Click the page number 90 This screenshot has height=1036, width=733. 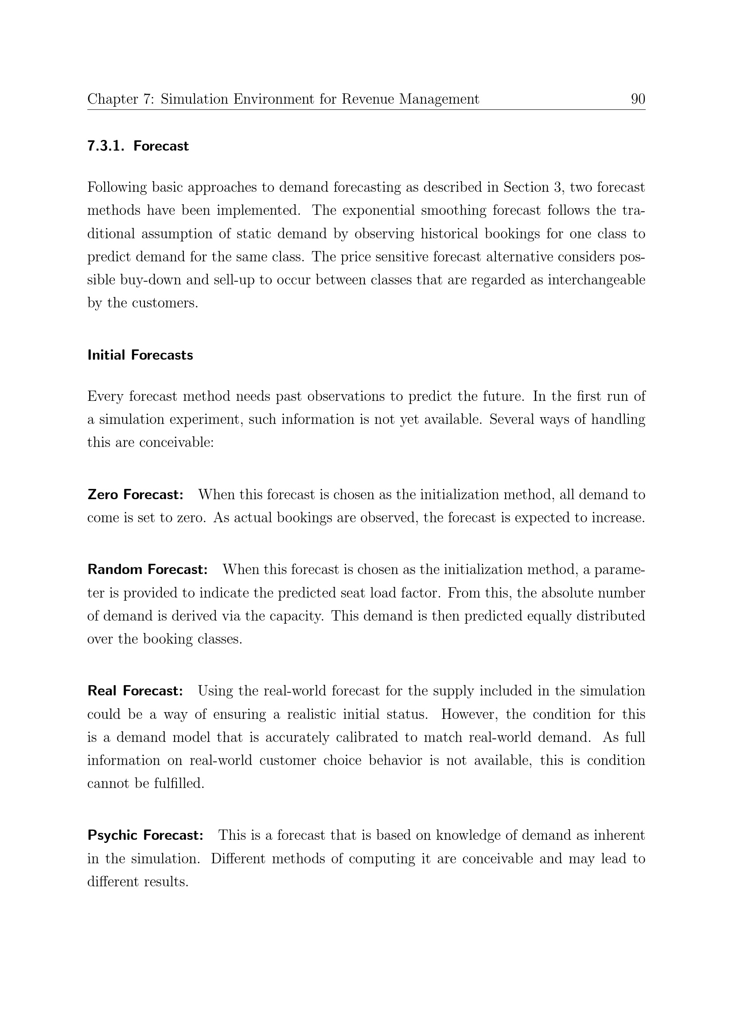(638, 99)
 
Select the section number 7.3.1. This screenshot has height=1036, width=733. (105, 146)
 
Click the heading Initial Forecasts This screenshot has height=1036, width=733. (140, 355)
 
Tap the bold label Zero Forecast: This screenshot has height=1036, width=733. (136, 495)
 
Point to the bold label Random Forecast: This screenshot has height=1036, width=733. (148, 570)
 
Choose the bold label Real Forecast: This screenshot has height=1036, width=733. (136, 691)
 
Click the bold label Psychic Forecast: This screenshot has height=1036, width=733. (146, 835)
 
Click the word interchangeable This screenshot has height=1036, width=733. (596, 280)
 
